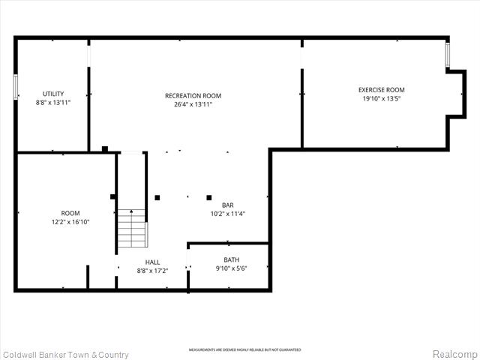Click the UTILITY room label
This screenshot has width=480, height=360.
[x=53, y=94]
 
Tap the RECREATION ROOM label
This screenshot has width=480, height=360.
[x=193, y=95]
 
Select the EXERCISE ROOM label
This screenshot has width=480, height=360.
[x=381, y=90]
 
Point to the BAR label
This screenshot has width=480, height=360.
[x=227, y=205]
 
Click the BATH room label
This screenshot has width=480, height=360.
[x=231, y=259]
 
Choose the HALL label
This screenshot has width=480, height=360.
[x=152, y=262]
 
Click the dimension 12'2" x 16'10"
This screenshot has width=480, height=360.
[x=70, y=222]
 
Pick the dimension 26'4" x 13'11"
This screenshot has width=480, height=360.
[x=193, y=104]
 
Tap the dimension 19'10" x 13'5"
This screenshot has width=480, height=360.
[x=381, y=98]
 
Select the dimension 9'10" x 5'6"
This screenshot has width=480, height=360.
[x=231, y=268]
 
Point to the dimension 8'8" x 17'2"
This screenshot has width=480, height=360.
[x=152, y=271]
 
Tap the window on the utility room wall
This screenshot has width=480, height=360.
[x=15, y=86]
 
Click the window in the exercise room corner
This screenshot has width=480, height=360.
[x=448, y=55]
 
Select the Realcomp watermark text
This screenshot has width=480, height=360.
[x=453, y=354]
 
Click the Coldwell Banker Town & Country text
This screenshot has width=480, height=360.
[x=66, y=354]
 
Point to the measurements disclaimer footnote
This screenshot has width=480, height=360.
[x=244, y=349]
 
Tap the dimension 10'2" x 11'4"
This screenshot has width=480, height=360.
[x=227, y=214]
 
